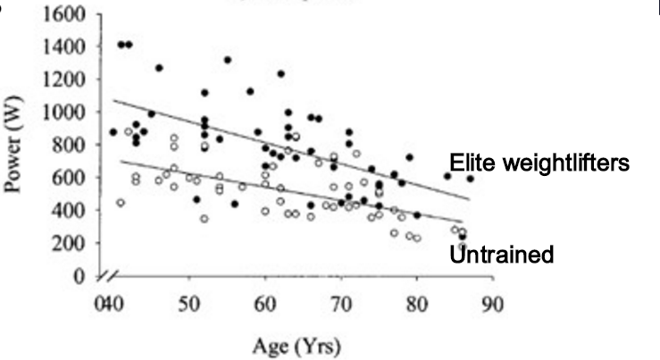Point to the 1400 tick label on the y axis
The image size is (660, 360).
[x=68, y=47]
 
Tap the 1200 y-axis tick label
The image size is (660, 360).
[x=68, y=80]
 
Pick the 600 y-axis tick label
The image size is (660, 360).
[x=72, y=178]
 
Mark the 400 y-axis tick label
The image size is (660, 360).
[x=72, y=211]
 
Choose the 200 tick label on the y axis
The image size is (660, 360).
[x=72, y=243]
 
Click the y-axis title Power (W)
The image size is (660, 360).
[x=17, y=147]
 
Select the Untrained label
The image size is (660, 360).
[x=502, y=255]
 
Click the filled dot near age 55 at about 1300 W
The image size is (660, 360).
[x=228, y=60]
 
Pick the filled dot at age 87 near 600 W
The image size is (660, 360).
[x=470, y=179]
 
